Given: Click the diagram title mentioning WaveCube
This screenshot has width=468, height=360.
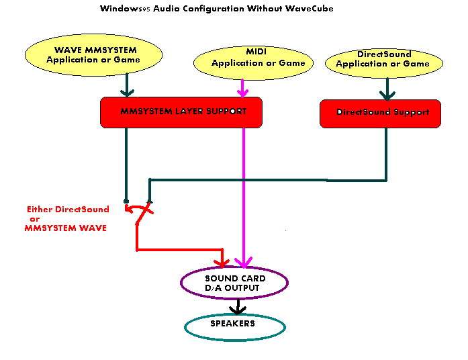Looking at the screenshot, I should coord(216,9).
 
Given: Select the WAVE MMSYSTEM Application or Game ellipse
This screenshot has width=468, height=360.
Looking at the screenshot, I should coord(93,54).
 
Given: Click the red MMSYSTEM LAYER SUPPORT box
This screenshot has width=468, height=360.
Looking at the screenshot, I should coord(181,112).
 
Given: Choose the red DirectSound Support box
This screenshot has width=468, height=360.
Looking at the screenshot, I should coord(380,113).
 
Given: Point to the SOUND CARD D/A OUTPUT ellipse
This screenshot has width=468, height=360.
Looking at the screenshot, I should coord(234,283).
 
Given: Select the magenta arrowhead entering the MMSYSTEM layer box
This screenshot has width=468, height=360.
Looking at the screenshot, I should coord(243,91).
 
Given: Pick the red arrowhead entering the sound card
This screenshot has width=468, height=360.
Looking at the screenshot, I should coord(223,261).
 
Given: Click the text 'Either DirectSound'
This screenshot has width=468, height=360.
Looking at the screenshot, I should coord(68,210).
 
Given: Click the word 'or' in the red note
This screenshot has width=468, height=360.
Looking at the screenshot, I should coord(35,219).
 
